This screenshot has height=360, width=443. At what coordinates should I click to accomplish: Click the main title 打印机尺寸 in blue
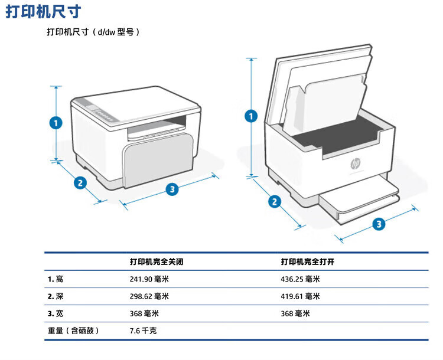44,12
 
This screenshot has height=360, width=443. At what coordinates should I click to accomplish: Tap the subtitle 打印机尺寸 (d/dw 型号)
93,32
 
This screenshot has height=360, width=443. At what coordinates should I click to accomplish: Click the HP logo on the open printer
356,163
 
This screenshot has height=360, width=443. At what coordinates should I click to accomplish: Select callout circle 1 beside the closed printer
56,123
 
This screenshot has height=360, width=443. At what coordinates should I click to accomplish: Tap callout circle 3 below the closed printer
172,189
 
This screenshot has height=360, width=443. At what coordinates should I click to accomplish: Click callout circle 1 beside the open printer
252,116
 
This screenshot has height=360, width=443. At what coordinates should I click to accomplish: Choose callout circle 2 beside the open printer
274,202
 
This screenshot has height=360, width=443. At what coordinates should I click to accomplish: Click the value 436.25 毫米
300,279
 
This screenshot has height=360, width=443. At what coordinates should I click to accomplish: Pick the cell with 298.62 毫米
149,296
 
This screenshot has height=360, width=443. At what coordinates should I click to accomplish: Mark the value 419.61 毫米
300,296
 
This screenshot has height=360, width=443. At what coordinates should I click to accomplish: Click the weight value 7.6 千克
143,330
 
